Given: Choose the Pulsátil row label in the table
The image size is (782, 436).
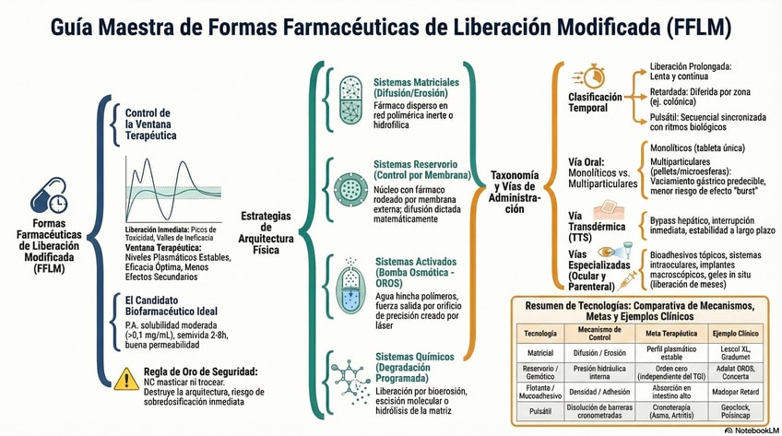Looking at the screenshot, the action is (539, 412).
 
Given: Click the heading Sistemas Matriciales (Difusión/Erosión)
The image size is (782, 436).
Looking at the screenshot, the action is (416, 88).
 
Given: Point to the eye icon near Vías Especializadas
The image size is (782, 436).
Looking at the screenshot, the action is (608, 252).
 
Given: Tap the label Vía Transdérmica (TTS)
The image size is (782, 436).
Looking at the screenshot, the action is (596, 226).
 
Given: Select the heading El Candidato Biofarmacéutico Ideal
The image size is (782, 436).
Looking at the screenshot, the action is (171, 305).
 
